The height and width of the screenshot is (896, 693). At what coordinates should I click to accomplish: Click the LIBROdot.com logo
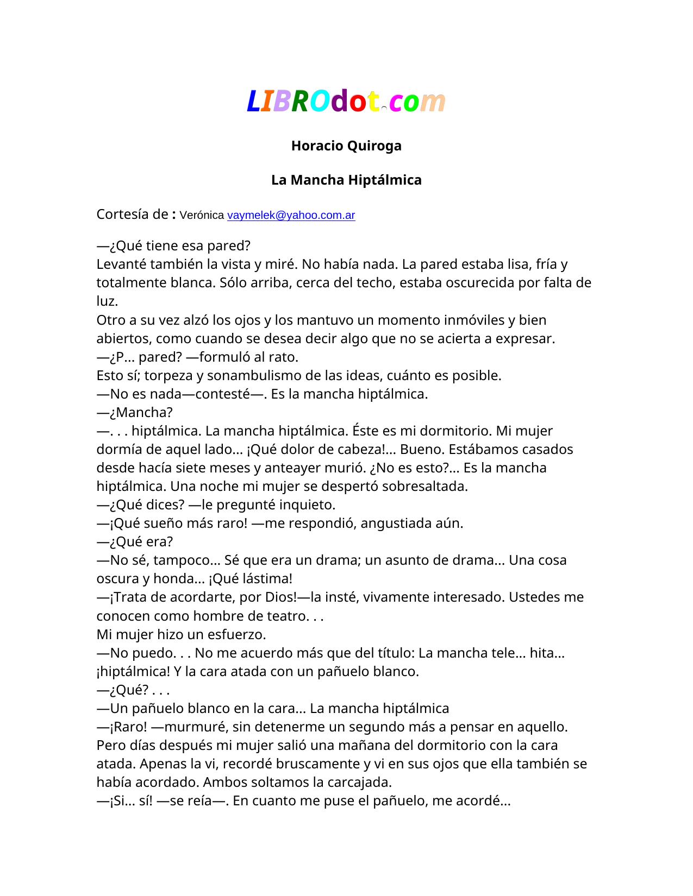[x=346, y=101]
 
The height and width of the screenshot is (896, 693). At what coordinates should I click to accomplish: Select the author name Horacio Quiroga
[x=346, y=146]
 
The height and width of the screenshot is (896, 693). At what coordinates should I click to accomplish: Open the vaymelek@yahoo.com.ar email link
[x=291, y=215]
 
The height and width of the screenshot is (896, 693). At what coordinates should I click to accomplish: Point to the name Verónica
[x=202, y=215]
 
